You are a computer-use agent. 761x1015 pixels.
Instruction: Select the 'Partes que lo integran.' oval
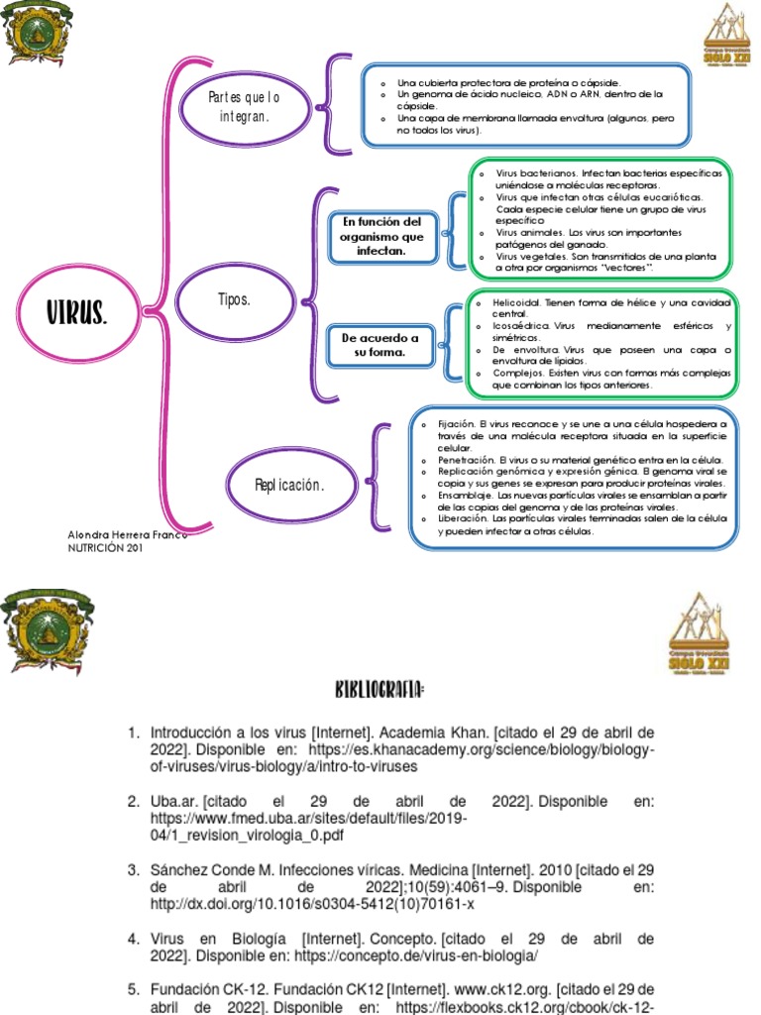244,107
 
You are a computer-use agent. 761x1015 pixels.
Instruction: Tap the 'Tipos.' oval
234,298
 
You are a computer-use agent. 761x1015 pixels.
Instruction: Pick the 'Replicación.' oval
289,485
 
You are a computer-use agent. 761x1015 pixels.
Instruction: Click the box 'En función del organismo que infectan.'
381,237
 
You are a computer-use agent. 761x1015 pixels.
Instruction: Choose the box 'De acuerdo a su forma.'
380,345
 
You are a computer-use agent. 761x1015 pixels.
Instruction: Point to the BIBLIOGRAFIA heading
380,689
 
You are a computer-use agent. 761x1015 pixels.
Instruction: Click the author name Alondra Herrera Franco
127,534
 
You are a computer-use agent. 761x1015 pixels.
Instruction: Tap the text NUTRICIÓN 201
99,547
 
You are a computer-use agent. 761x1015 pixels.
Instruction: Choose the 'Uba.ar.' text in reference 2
175,801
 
